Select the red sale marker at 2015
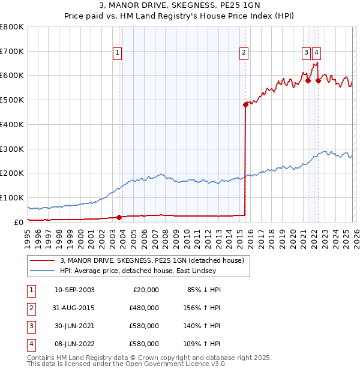point(245,104)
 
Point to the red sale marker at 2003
point(119,217)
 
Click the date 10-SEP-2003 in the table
point(74,290)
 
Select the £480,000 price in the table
point(144,308)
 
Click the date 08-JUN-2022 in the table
point(74,344)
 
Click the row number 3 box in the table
point(29,326)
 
